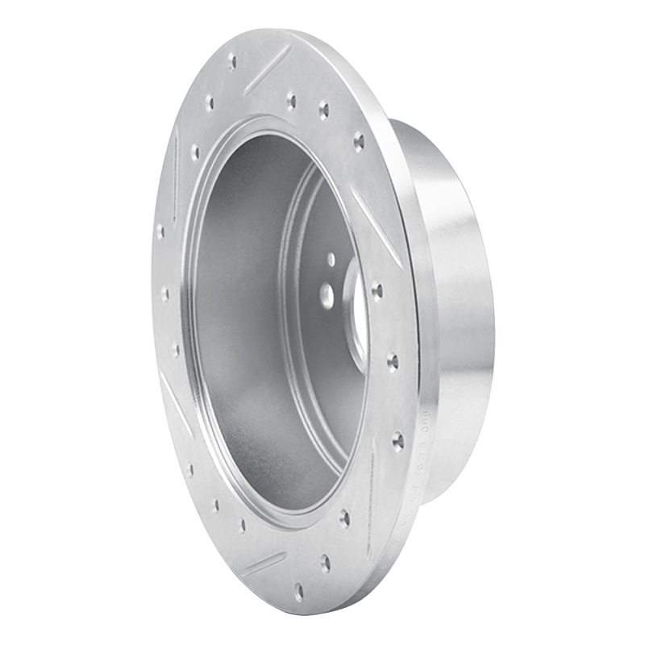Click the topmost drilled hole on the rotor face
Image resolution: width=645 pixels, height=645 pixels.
point(232,60)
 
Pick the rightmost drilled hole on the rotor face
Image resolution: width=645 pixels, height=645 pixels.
point(397,439)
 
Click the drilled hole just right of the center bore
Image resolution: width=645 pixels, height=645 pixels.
point(377,289)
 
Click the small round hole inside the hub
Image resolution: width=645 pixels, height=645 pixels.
point(331,259)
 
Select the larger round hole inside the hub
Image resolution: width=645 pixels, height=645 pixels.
point(327,295)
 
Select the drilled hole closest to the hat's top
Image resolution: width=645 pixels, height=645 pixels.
point(359,143)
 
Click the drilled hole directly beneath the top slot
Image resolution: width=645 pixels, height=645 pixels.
point(290,101)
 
